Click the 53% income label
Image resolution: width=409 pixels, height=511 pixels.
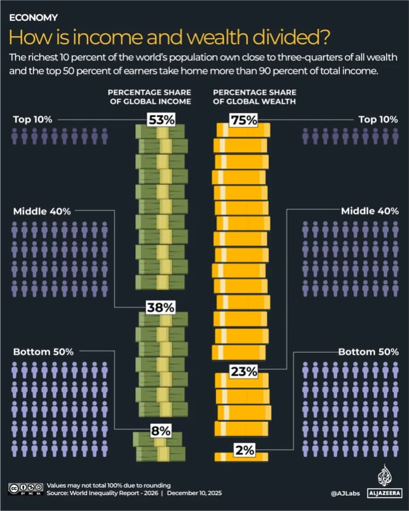160,120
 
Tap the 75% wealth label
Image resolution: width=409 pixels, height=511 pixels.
243,120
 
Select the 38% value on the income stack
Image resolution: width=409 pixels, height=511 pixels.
160,307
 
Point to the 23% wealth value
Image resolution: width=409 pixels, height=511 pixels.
243,371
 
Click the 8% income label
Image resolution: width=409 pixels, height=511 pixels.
160,430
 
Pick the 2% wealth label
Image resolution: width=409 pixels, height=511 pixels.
245,450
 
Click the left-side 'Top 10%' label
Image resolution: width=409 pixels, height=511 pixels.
32,120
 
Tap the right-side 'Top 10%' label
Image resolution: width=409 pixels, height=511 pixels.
378,120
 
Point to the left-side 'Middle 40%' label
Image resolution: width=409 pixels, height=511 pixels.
41,211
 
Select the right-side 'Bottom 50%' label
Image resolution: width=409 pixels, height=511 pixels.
369,352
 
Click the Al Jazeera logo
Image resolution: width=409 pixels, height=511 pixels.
384,482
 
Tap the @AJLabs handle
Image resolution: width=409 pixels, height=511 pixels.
345,493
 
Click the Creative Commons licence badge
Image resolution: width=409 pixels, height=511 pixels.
25,489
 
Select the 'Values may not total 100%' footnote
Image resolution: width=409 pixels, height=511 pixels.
109,486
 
